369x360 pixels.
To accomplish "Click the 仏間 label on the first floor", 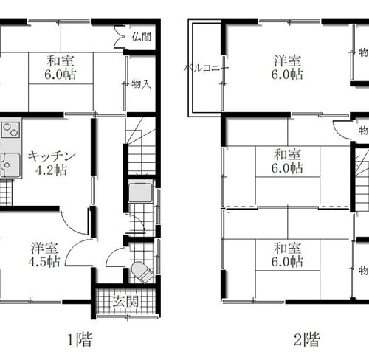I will coord(141,35).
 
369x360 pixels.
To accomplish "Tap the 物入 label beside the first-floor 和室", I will coord(141,84).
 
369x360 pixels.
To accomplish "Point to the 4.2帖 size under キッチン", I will coord(50,170).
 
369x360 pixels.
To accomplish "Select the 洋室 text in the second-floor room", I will coord(286,60).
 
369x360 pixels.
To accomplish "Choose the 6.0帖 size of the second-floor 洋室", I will coord(286,75).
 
